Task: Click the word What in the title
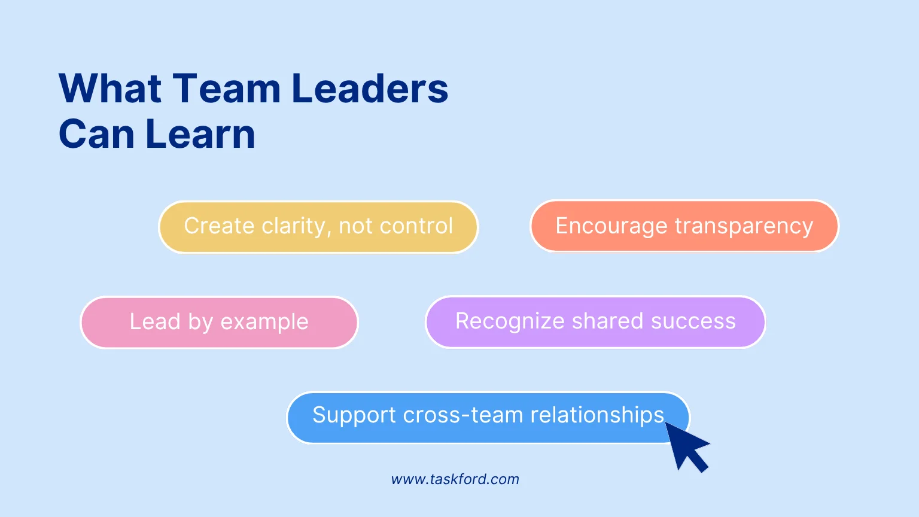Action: point(110,89)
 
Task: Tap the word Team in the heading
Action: point(227,89)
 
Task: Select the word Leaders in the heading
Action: point(369,89)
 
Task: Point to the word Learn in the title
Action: point(200,134)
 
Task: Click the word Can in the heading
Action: point(97,134)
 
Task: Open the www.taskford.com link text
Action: point(455,479)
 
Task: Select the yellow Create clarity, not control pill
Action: point(318,227)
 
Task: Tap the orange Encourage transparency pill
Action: point(684,226)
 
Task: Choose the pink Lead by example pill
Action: point(219,322)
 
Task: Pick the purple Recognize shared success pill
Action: point(595,321)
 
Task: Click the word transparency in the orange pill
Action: point(744,227)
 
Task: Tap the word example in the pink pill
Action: point(264,323)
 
